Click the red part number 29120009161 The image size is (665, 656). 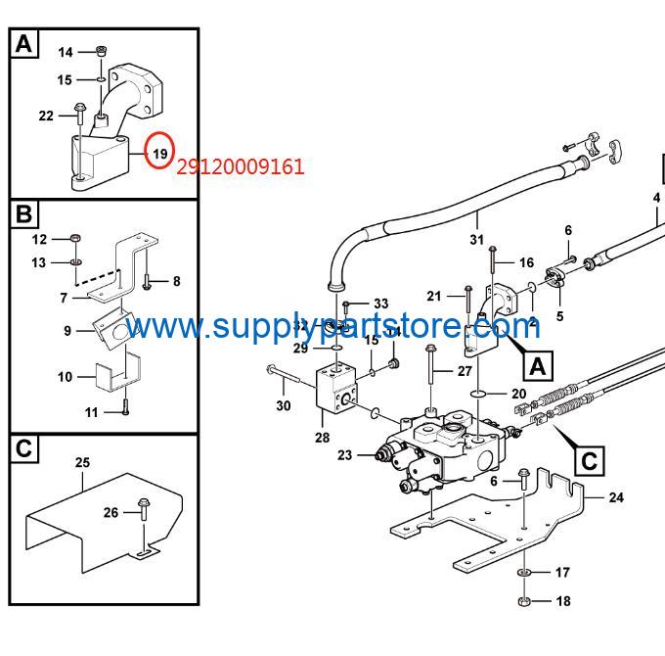[x=240, y=166]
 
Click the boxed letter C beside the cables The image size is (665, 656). [x=590, y=459]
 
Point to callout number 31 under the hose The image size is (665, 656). [x=476, y=240]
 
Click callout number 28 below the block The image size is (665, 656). [x=322, y=438]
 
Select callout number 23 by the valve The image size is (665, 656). [x=343, y=454]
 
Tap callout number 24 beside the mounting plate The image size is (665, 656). [x=616, y=497]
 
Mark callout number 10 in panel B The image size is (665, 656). [x=66, y=377]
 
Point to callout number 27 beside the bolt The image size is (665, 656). [x=465, y=371]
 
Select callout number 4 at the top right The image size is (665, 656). [x=656, y=199]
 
